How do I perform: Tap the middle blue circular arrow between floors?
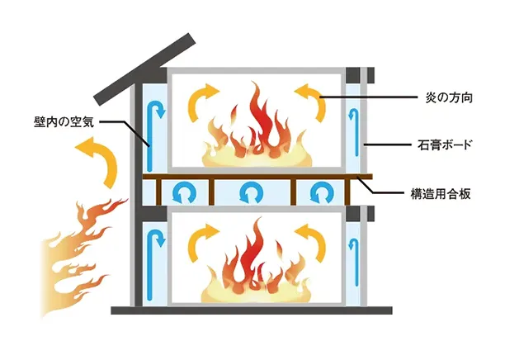pyautogui.click(x=249, y=194)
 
